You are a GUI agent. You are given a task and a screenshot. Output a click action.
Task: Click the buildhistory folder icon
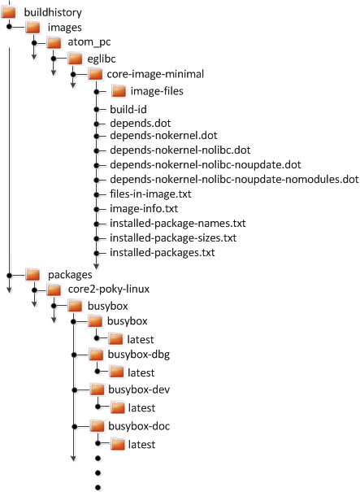point(8,12)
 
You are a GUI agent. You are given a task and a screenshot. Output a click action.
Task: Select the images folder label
point(64,28)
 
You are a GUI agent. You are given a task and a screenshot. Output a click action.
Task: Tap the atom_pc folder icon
point(54,42)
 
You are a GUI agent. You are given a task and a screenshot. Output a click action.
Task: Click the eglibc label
point(102,59)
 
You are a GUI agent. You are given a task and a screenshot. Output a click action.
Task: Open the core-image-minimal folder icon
point(95,74)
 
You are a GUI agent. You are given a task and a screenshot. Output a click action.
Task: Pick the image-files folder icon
point(119,91)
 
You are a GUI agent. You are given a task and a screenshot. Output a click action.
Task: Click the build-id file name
point(128,109)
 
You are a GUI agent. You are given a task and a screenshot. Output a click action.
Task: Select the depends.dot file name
point(141,123)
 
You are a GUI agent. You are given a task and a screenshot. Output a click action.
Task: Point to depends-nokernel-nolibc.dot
point(180,150)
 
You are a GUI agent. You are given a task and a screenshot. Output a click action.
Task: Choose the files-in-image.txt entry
point(150,194)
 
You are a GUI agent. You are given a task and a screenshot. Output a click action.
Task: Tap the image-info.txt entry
point(144,209)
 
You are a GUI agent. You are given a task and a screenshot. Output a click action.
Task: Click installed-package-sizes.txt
point(173,237)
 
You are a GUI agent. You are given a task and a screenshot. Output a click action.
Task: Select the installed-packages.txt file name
point(163,253)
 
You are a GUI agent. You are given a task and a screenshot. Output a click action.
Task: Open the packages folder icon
point(33,275)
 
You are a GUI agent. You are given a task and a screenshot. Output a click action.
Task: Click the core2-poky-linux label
point(109,289)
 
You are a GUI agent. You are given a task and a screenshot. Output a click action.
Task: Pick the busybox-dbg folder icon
point(96,355)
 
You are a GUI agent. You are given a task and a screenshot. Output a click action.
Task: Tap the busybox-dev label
point(139,390)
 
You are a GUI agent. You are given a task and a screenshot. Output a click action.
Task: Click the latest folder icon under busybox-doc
point(118,444)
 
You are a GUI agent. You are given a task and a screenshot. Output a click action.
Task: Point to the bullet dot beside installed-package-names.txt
point(97,224)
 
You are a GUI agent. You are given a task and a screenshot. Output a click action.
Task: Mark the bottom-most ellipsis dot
point(98,487)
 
